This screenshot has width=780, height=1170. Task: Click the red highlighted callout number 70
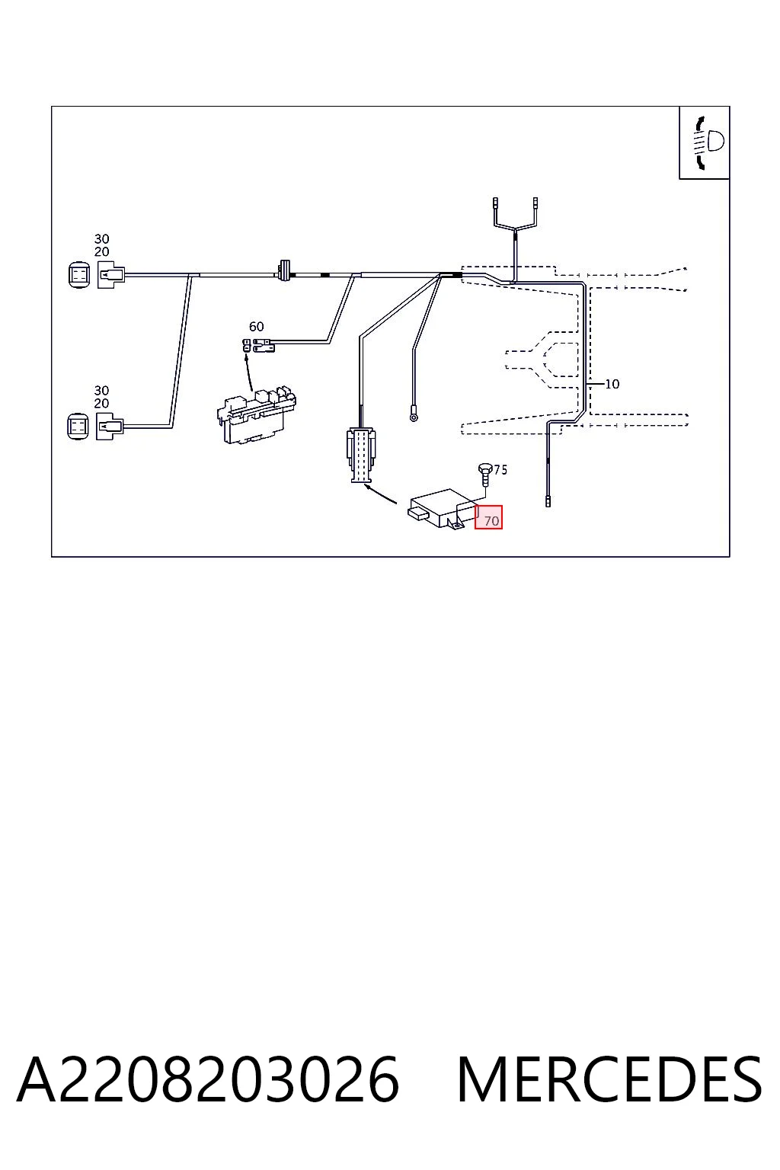coord(491,521)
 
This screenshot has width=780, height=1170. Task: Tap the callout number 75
coord(500,469)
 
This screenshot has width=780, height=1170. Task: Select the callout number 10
coord(612,384)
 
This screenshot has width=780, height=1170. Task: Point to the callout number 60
coord(256,327)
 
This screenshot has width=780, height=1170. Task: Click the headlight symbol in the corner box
coord(708,142)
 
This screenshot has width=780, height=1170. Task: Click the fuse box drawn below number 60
coord(256,414)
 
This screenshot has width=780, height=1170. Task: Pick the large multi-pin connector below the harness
coord(360,455)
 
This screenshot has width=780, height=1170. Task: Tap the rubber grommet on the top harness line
coord(283,270)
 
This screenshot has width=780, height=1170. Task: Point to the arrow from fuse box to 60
coord(248,372)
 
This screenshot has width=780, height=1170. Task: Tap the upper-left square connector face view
coord(79,275)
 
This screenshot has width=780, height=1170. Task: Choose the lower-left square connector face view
coord(78,426)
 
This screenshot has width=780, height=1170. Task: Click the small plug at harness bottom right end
coord(548,501)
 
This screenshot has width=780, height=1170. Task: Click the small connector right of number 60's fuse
coord(264,345)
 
